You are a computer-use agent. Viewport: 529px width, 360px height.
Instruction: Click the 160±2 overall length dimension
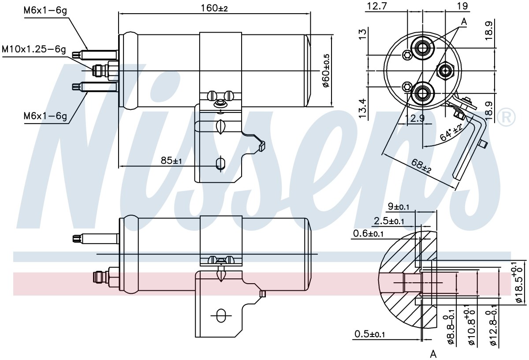[x=214, y=8]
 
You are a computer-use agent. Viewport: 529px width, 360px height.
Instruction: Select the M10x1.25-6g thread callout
[x=34, y=49]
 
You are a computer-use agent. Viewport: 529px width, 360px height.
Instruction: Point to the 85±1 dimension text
[x=171, y=161]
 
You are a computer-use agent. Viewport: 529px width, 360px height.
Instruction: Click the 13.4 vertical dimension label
[x=362, y=108]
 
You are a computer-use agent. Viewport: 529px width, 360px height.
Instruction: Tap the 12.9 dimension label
[x=414, y=118]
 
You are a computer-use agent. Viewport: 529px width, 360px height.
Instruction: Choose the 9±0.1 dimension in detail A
[x=399, y=206]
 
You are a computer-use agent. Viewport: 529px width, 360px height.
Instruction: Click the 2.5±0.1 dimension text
[x=389, y=221]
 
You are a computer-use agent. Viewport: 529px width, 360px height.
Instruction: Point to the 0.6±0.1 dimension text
[x=368, y=234]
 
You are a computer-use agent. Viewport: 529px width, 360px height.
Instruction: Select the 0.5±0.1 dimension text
[x=369, y=334]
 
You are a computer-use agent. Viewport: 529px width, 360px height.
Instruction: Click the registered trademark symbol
[x=506, y=117]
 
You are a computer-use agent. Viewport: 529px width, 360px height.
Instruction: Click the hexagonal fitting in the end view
[x=445, y=71]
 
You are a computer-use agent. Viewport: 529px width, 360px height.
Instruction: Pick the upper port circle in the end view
[x=422, y=48]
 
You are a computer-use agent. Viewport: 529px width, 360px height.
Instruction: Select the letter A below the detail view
[x=433, y=354]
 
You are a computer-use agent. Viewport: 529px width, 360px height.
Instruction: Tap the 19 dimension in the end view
[x=462, y=6]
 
